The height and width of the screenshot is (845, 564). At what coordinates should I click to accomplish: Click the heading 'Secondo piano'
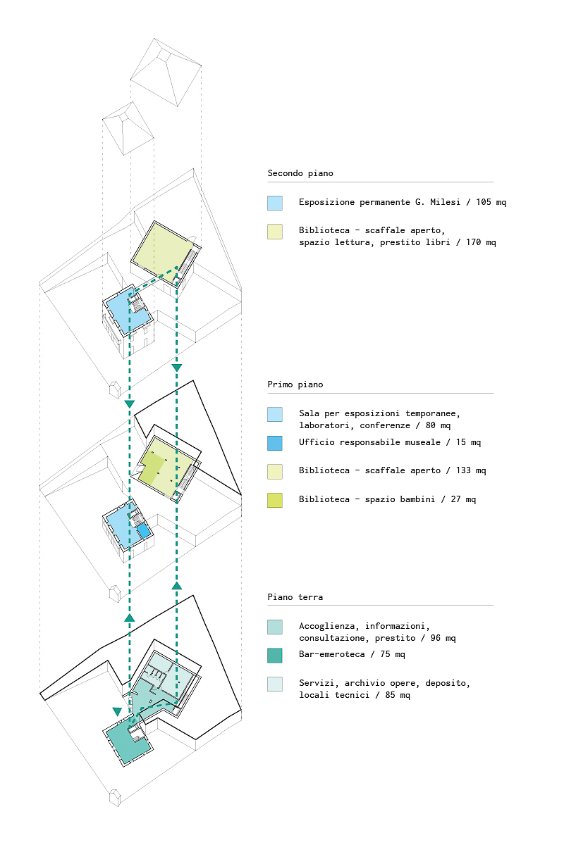(300, 173)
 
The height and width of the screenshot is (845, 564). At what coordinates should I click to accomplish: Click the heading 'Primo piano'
(295, 385)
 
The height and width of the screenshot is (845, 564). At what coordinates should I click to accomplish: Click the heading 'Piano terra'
(295, 597)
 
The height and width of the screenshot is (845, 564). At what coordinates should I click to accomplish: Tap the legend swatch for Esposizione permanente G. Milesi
(275, 203)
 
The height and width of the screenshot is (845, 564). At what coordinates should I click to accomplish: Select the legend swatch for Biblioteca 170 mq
(275, 232)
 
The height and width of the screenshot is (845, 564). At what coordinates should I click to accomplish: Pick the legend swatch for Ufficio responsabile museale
(275, 443)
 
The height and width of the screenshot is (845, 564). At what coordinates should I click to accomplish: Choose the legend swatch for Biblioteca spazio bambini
(275, 500)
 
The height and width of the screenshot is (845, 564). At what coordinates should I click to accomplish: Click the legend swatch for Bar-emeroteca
(275, 655)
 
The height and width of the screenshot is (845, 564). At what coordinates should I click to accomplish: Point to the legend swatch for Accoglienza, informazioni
(275, 627)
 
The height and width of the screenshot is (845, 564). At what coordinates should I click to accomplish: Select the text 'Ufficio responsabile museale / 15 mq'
(390, 443)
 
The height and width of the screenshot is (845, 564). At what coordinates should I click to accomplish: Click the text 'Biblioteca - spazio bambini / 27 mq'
(387, 500)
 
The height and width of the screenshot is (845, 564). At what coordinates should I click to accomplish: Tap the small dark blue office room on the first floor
(143, 531)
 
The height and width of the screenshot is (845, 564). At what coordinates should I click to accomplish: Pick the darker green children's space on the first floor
(151, 468)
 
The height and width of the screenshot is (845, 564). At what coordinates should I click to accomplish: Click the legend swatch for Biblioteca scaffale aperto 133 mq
(275, 471)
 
